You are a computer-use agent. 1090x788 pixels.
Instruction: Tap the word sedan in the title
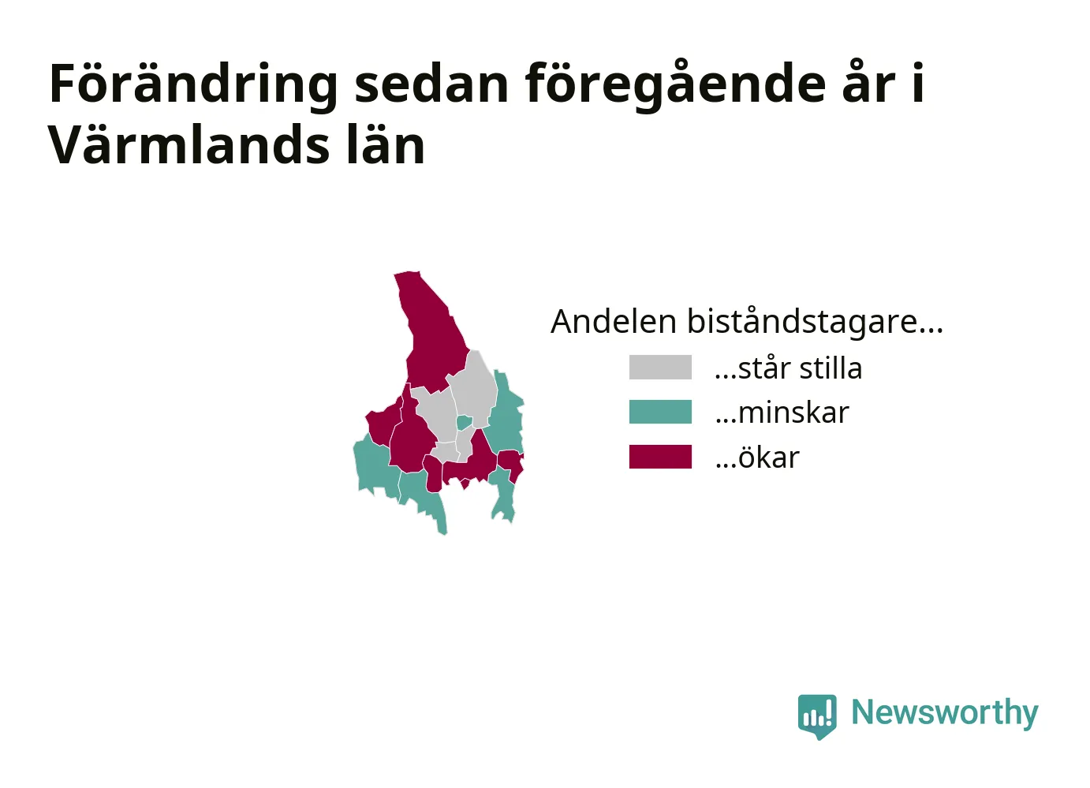click(431, 84)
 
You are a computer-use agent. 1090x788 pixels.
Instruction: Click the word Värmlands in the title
click(188, 144)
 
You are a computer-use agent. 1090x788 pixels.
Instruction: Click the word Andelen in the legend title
click(614, 321)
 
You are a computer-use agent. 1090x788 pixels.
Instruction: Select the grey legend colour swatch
click(660, 368)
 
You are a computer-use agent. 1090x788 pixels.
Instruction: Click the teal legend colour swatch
click(660, 412)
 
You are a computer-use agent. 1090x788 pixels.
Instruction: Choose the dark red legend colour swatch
click(660, 457)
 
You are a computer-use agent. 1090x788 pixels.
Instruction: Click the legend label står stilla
click(788, 368)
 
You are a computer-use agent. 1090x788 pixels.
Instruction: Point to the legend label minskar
click(782, 413)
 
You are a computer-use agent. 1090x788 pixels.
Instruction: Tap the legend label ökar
click(757, 457)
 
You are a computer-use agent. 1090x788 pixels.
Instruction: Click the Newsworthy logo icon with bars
click(817, 717)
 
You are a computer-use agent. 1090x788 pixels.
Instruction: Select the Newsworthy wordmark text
click(945, 713)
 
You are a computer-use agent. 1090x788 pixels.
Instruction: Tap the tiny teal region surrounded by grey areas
click(465, 422)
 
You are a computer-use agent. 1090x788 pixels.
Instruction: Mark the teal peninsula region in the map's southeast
click(503, 495)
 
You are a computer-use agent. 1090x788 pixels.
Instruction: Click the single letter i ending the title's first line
click(918, 83)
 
